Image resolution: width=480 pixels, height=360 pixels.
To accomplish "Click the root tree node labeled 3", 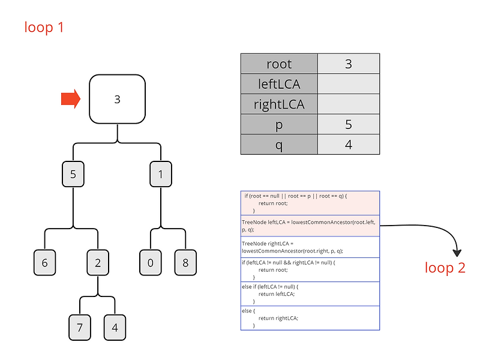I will [117, 99].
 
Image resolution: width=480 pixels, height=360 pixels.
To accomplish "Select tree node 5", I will [73, 174].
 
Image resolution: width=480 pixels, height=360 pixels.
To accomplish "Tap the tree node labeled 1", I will [161, 174].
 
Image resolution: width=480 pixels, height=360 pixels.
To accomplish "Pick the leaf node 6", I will [44, 263].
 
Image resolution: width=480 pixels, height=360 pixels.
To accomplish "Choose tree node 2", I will [97, 263].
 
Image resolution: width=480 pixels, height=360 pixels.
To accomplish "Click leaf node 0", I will [151, 263].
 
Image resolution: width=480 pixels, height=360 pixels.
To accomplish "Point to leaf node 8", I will [185, 263].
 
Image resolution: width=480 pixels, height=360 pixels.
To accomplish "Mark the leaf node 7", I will [80, 328].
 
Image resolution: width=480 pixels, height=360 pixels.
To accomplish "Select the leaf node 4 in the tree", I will [115, 328].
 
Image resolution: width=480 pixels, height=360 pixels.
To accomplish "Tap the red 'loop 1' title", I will [44, 27].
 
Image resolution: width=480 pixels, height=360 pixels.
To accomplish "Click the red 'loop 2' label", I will [445, 268].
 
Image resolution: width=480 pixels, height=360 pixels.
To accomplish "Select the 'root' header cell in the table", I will [279, 64].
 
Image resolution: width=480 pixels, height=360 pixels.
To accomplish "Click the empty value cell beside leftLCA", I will [349, 84].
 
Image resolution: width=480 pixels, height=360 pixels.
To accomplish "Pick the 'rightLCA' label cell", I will [279, 104].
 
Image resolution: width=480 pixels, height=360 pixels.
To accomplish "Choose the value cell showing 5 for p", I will [349, 125].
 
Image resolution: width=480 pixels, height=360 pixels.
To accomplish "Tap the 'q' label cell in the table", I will [279, 145].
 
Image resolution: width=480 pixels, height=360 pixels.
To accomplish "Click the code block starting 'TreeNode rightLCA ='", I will [310, 247].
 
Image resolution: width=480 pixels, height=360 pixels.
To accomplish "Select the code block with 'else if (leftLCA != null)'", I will [310, 293].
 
